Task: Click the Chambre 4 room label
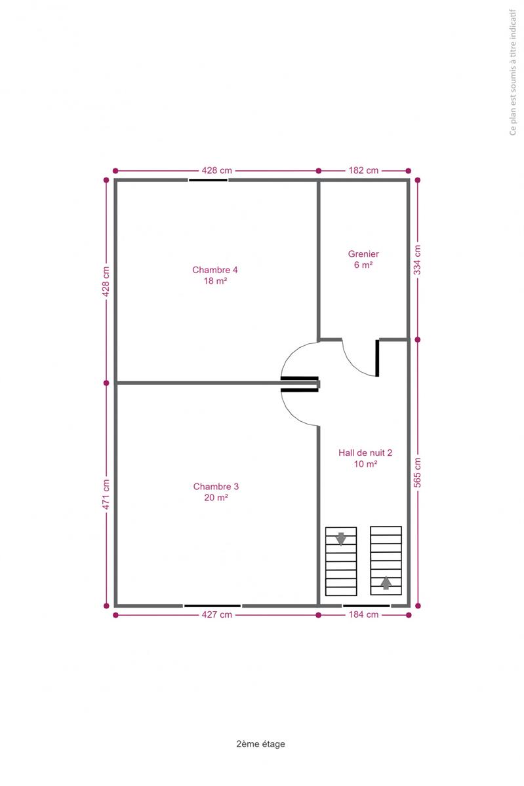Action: [214, 269]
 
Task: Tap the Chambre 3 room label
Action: [216, 486]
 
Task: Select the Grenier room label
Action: [363, 253]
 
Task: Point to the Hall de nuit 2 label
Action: [365, 453]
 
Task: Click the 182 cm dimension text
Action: [363, 170]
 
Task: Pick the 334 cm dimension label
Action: [417, 260]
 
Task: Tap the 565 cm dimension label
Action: [417, 473]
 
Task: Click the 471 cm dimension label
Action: [106, 495]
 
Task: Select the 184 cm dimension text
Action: [363, 615]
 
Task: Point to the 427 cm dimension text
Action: [217, 615]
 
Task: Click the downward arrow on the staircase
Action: [340, 539]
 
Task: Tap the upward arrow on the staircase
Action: [386, 583]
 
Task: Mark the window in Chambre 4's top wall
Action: [208, 180]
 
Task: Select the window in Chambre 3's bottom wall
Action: [212, 606]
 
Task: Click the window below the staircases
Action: [366, 606]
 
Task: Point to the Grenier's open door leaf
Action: [377, 358]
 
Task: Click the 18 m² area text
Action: [215, 281]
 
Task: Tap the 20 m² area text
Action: [216, 498]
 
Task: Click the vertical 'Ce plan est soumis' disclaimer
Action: [513, 72]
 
